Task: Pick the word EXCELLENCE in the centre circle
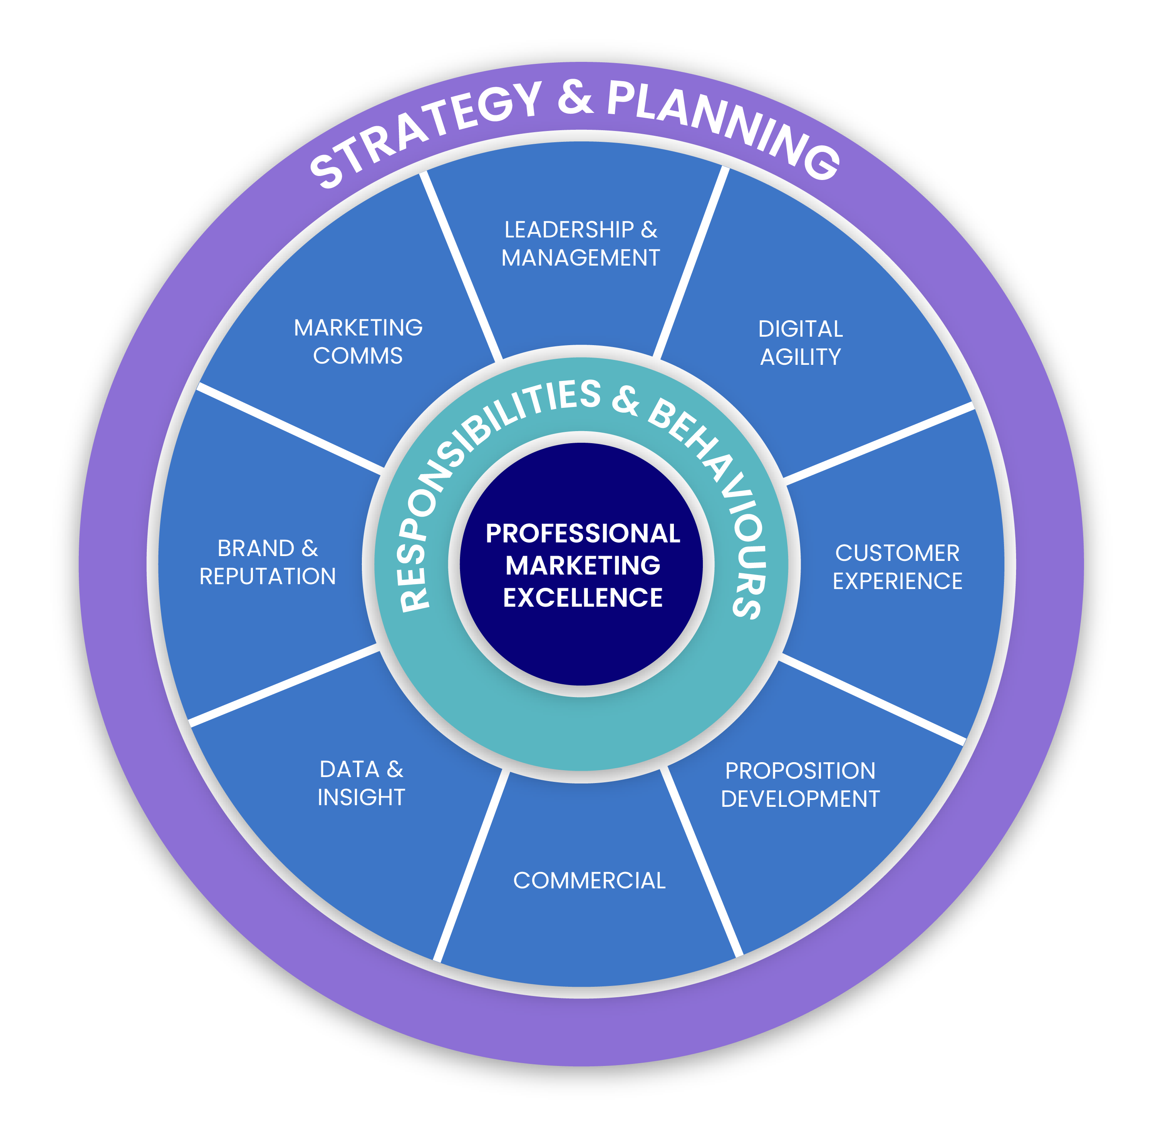(582, 597)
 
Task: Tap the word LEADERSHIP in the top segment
(569, 230)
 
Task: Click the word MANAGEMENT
(580, 258)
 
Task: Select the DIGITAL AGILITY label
(800, 343)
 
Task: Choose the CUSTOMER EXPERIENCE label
(897, 567)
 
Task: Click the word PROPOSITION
(800, 771)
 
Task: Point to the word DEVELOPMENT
(800, 799)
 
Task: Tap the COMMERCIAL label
(589, 881)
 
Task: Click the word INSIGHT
(361, 797)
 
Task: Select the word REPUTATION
(268, 577)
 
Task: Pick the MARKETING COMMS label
(358, 342)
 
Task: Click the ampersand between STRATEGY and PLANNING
(575, 98)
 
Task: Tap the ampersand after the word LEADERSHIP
(649, 230)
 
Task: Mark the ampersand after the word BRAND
(310, 549)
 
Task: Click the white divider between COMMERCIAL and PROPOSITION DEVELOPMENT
(702, 861)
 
